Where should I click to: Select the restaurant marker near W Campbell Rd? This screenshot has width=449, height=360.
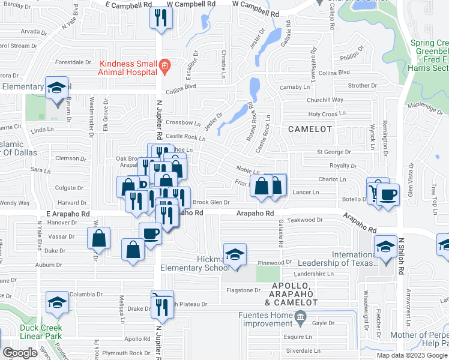coord(160,18)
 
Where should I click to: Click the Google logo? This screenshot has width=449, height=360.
coord(20,353)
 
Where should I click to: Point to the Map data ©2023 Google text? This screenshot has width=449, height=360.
coord(412,355)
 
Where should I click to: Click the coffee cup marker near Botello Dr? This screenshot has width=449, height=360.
coord(388,195)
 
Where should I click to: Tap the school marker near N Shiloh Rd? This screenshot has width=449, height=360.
coord(385,247)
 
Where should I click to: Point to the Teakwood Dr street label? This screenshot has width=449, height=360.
coord(306,220)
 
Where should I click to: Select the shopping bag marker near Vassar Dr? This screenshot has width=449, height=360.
coord(99,239)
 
